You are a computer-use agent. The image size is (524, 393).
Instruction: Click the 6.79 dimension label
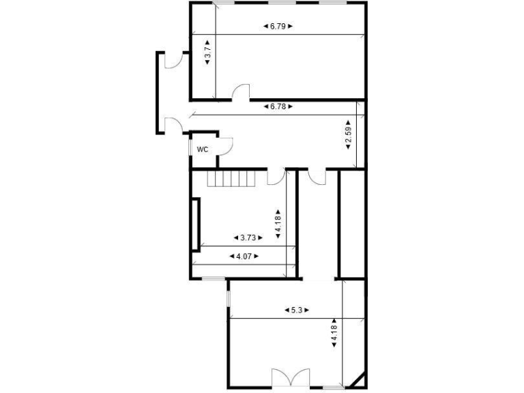[277, 27]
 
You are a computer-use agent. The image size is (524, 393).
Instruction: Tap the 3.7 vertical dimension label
[207, 52]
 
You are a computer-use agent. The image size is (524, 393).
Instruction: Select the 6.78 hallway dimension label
[277, 107]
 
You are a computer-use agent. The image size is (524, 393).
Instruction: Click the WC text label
[203, 149]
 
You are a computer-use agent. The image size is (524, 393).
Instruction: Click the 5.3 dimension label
[297, 310]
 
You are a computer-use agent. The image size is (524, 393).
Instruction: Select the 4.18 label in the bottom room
[334, 332]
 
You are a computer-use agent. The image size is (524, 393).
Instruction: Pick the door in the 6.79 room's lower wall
[241, 93]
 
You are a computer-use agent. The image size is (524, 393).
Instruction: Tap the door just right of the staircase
[276, 176]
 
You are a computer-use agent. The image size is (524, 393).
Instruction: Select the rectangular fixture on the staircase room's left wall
[196, 223]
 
